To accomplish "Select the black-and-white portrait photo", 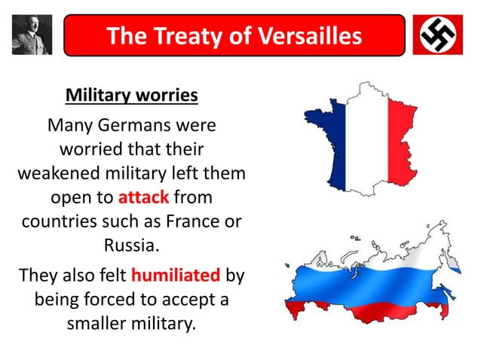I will point(32,35).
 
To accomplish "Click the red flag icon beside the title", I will point(438,35).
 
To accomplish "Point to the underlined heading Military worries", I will point(131,96).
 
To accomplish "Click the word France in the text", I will point(198,223).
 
